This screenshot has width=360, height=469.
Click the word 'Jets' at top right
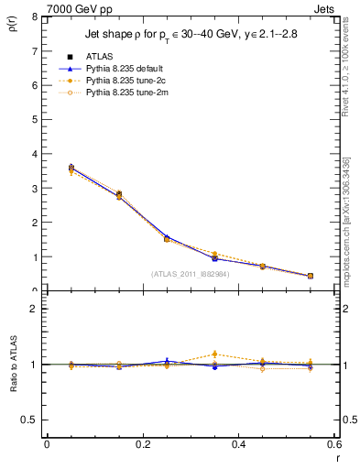coord(325,8)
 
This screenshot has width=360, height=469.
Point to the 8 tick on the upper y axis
coord(33,17)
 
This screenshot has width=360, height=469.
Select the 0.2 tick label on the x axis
coord(142,443)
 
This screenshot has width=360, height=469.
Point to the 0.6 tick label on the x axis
coord(333,443)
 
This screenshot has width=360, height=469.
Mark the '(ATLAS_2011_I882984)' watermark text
coord(190,273)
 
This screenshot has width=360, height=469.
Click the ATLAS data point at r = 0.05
coord(71,168)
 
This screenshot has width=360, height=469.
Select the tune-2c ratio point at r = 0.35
coord(214,354)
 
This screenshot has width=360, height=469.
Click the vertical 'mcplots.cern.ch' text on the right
coord(347,229)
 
